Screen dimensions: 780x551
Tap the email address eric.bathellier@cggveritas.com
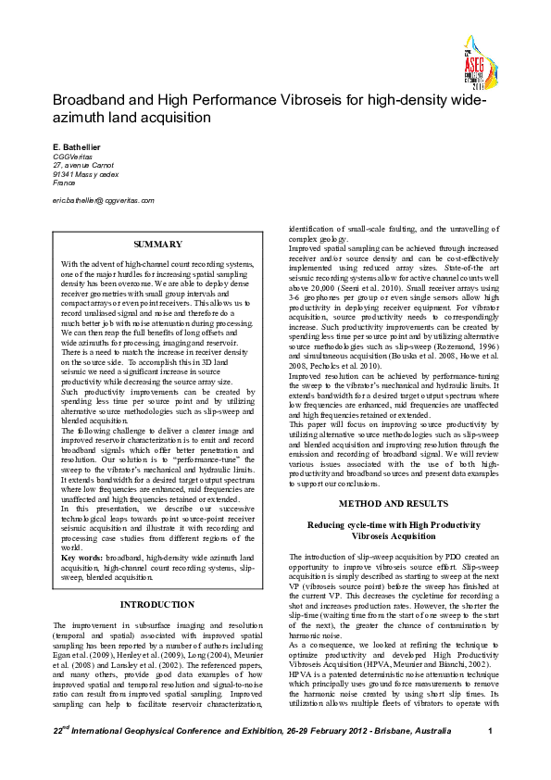click(x=103, y=199)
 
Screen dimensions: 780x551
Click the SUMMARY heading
click(x=158, y=244)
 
